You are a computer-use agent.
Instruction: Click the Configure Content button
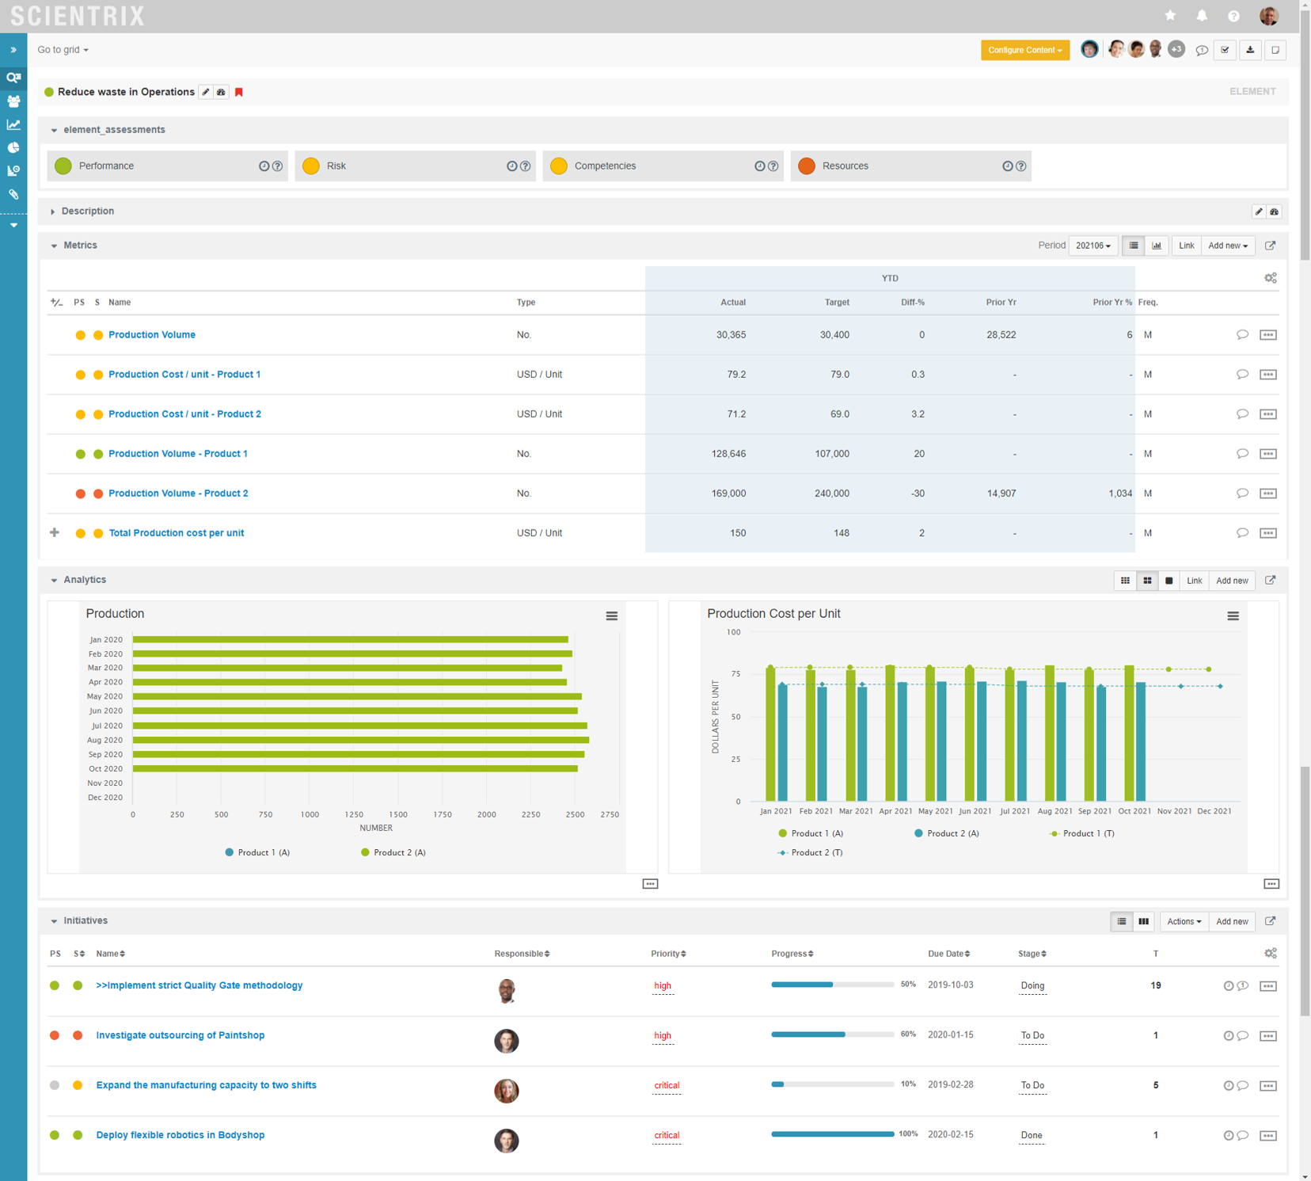(1024, 50)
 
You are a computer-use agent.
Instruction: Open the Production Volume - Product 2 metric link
(178, 493)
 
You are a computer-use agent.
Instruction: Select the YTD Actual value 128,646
(728, 454)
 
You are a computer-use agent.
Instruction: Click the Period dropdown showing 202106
(1092, 246)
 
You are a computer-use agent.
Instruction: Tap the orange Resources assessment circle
(806, 166)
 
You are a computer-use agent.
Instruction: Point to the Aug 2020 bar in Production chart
(360, 740)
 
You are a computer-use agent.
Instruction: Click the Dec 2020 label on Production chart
(105, 798)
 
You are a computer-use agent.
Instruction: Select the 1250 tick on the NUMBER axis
(354, 814)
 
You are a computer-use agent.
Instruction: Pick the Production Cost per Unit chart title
(773, 614)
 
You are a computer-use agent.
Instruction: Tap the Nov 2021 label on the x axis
(1174, 811)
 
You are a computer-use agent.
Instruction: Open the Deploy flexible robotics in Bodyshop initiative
(180, 1135)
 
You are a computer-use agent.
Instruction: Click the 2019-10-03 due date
(950, 985)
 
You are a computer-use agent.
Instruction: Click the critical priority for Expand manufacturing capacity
(667, 1085)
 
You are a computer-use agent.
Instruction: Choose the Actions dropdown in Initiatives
(1184, 921)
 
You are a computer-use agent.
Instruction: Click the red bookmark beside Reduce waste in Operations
(239, 93)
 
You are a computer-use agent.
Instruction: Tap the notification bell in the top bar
(1202, 16)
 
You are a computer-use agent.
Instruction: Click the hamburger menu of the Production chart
(612, 615)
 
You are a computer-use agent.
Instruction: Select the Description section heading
(88, 211)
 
